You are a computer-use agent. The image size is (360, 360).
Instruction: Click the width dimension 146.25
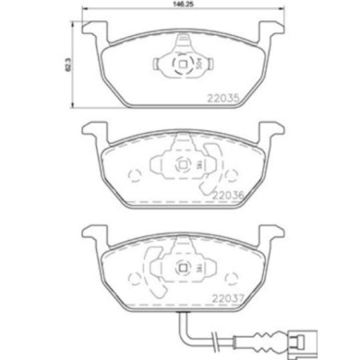[x=180, y=6]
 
